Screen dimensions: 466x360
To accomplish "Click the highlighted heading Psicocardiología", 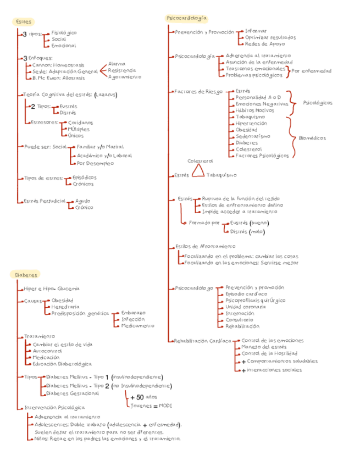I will click(187, 19).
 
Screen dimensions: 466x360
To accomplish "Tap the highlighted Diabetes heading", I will click(26, 274).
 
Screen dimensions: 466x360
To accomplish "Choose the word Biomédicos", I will click(312, 138).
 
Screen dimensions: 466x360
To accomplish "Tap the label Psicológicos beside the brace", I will click(318, 102).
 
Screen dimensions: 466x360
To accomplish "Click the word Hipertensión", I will click(251, 124).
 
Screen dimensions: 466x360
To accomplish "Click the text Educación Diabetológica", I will click(62, 364).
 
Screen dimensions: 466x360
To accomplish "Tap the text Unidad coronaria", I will click(246, 307).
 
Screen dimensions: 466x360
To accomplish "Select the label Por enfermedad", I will click(312, 71).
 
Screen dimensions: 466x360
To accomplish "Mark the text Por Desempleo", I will click(96, 163).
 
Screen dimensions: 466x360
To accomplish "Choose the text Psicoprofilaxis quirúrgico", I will click(256, 300).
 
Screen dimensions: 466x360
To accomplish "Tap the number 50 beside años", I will click(140, 397).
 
